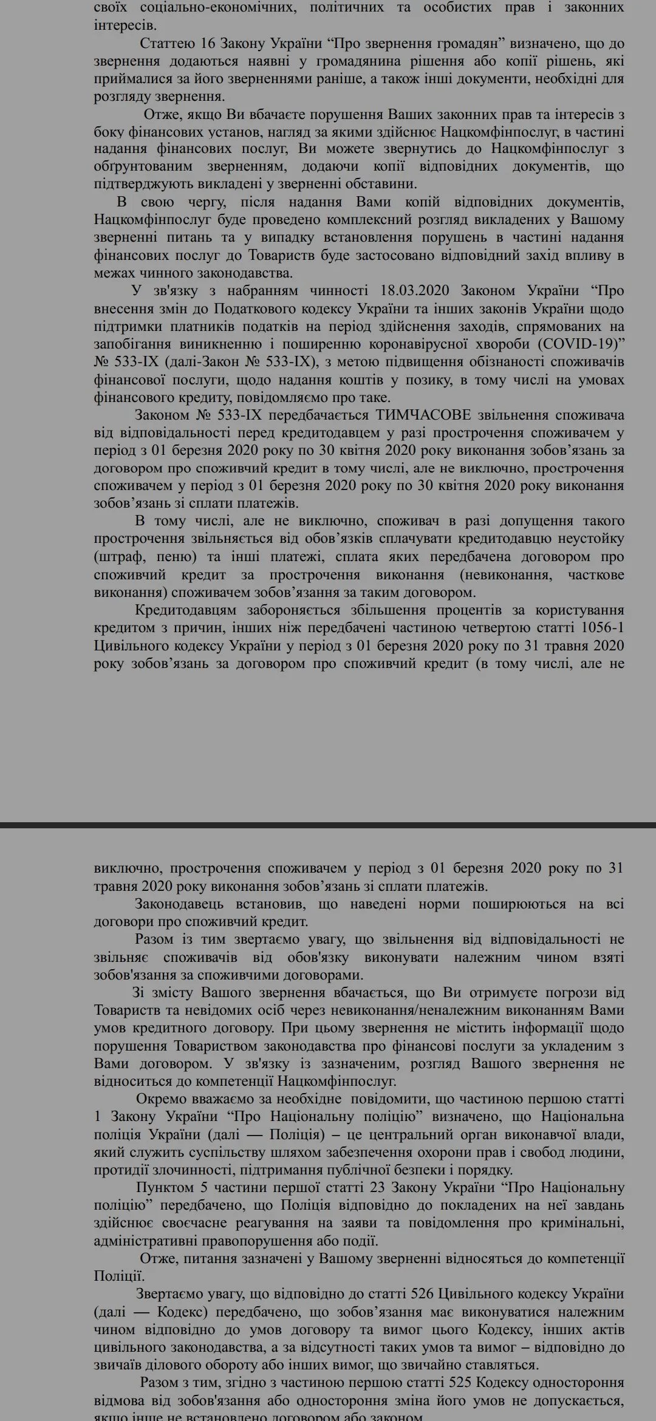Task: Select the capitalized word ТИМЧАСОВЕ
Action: tap(423, 415)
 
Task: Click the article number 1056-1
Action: tap(603, 628)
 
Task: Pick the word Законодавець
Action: tap(179, 904)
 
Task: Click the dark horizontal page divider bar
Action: tap(328, 825)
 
